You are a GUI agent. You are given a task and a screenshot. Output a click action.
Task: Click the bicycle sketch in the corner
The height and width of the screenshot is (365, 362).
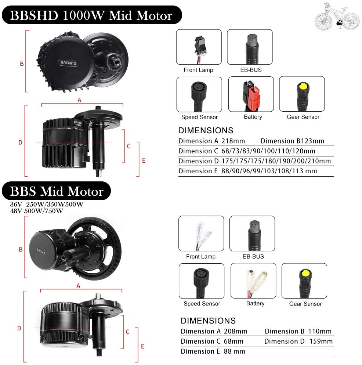pos(337,16)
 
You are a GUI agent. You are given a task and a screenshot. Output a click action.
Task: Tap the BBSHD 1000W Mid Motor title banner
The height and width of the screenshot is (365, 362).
pos(92,15)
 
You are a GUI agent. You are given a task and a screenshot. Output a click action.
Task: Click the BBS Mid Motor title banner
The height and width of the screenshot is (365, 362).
pos(56,191)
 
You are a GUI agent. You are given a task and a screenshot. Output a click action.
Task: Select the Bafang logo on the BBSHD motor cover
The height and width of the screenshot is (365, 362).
pos(68,63)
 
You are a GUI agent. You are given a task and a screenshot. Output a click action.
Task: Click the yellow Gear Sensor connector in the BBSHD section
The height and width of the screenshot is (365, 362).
pos(302,94)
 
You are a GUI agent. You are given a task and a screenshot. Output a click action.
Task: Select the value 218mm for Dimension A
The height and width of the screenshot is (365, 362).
pos(233,141)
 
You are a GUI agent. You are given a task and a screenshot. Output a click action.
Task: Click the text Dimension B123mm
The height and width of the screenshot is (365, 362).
pos(292,141)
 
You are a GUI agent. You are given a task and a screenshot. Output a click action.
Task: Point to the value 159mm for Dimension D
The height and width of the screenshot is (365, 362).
pos(321,341)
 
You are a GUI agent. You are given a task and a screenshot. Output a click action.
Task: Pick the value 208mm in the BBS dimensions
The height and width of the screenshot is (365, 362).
pos(236,331)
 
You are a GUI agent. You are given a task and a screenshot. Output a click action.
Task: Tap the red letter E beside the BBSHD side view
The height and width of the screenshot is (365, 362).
pos(144,160)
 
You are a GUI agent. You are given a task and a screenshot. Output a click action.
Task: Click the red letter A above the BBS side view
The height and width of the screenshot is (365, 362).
pos(78,286)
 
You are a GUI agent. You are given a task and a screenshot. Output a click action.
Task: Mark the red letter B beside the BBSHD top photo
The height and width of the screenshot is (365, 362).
pos(22,64)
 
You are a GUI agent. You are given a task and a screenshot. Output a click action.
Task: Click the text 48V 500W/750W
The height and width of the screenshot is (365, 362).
pos(37,211)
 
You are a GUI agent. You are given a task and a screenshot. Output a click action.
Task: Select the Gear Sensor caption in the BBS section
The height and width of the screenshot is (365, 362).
pos(305,304)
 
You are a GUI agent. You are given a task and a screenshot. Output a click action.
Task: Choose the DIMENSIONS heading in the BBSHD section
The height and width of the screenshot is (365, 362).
pos(206,130)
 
